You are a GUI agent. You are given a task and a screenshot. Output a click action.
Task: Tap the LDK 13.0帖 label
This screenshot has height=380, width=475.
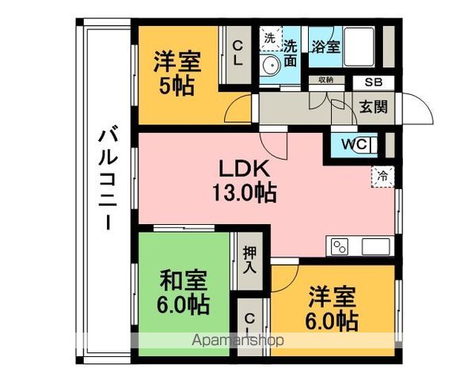(244, 180)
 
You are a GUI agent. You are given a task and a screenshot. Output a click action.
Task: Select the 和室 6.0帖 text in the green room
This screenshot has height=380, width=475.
(184, 292)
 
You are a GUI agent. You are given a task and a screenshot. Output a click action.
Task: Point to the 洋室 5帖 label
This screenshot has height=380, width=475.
(177, 73)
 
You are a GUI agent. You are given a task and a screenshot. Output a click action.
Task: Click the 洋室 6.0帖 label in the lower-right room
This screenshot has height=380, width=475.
(332, 308)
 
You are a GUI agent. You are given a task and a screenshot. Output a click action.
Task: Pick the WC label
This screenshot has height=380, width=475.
(353, 145)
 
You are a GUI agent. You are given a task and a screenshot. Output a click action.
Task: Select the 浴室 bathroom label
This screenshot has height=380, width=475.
(325, 46)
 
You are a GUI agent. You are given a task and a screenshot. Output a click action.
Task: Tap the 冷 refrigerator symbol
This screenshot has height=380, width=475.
(382, 176)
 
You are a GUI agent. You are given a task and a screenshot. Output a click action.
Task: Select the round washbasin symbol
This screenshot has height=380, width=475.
(271, 65)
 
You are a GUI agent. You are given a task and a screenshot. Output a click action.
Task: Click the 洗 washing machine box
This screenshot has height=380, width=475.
(270, 39)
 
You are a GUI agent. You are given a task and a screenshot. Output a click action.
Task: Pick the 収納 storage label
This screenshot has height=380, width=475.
(325, 81)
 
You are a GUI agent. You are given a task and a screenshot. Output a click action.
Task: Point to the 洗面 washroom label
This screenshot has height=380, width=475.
(291, 52)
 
